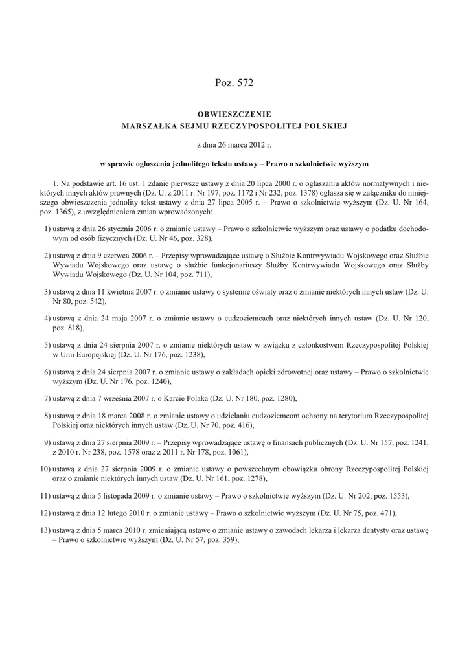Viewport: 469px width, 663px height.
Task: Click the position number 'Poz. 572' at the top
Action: click(x=234, y=82)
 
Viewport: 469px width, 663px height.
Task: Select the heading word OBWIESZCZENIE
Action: click(x=234, y=114)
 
